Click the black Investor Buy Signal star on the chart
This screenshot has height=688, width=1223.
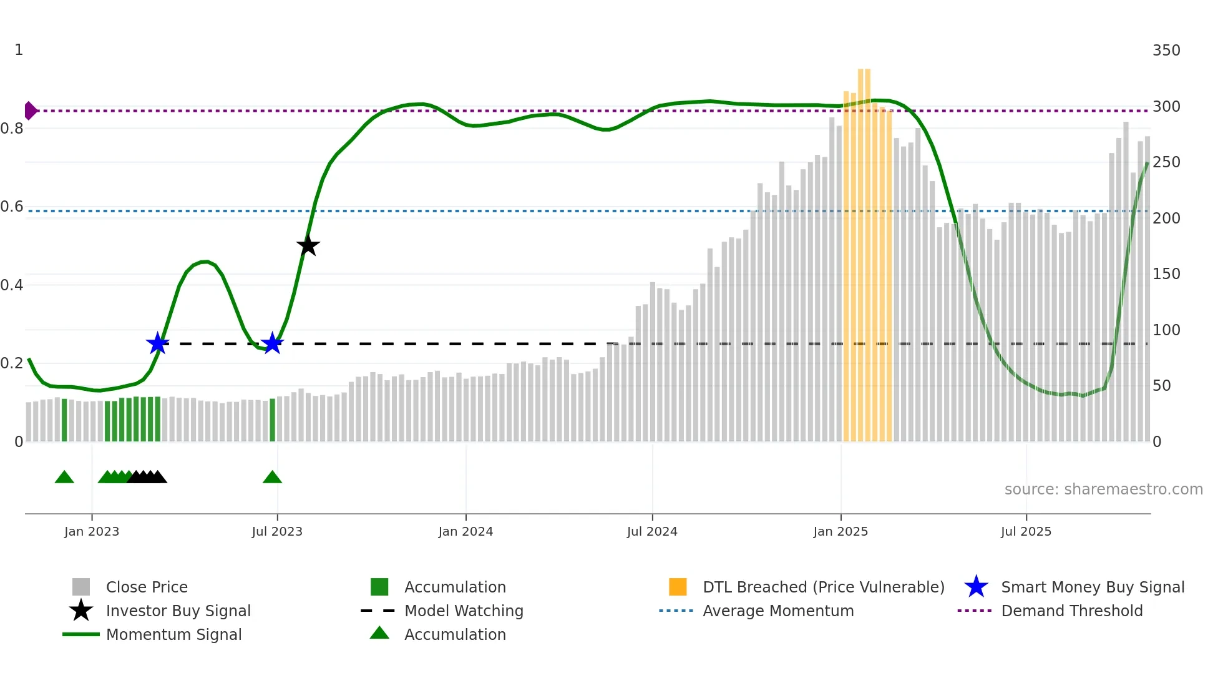[308, 245]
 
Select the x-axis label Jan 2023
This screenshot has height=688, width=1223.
[92, 531]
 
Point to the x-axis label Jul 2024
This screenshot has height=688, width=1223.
[652, 531]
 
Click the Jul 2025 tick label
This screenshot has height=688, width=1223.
[1026, 531]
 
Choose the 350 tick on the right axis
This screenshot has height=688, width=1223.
[1166, 51]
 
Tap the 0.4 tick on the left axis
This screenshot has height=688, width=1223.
[12, 285]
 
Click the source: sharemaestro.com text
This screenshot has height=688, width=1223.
[1103, 489]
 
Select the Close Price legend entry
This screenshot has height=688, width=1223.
[147, 587]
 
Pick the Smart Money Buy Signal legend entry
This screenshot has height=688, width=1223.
[1093, 587]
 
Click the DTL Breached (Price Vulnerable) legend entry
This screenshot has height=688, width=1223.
[823, 587]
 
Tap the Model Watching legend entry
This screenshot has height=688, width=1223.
[464, 611]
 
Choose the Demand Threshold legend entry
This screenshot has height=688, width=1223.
[1071, 611]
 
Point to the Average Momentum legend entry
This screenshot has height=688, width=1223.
[778, 611]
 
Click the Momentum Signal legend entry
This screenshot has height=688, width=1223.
[173, 634]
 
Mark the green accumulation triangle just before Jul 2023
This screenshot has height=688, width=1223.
[272, 478]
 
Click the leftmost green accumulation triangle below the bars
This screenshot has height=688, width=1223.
[64, 478]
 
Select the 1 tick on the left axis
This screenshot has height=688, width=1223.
[19, 50]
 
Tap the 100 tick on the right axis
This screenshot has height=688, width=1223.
[1166, 330]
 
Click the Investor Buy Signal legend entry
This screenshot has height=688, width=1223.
[178, 611]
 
